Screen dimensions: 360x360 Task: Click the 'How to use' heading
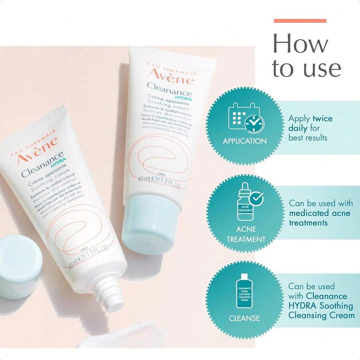coord(306,56)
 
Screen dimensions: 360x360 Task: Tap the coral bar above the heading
coord(300,21)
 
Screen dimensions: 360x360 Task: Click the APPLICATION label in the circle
coord(245,141)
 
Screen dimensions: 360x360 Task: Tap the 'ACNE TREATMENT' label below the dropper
coord(246,234)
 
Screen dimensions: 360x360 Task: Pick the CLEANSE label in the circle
coord(244,318)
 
